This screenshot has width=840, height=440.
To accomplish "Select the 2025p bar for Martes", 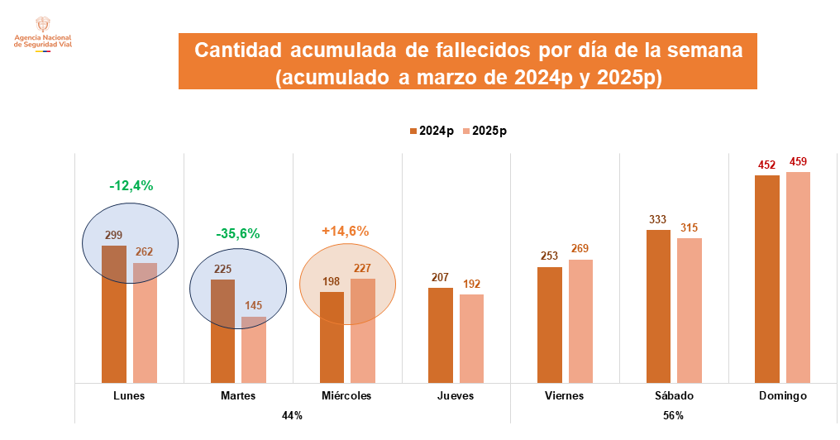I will tap(254, 349).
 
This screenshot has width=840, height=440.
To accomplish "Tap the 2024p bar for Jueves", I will tap(441, 335).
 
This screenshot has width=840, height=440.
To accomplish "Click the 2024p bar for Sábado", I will tap(658, 306).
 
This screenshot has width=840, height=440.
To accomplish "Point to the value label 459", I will tap(798, 161).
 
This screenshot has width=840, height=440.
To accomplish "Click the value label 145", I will tap(254, 305).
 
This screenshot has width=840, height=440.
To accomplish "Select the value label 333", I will tap(658, 219).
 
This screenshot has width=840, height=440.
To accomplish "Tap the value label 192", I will tap(471, 284).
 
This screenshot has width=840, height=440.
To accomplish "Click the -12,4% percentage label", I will tap(131, 186).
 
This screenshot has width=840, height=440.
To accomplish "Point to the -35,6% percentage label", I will tap(238, 233).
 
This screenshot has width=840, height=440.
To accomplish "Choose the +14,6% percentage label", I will tap(345, 231).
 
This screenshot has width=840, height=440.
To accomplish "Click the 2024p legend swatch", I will tap(413, 131).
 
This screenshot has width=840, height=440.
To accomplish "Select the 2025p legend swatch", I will tap(466, 131).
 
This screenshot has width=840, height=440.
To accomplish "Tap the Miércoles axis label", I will tap(347, 395).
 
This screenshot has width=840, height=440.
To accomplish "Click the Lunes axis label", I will tap(129, 395).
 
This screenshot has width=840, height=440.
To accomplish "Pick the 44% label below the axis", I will tap(292, 415).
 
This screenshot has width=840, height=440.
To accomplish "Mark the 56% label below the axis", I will tap(673, 415).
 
